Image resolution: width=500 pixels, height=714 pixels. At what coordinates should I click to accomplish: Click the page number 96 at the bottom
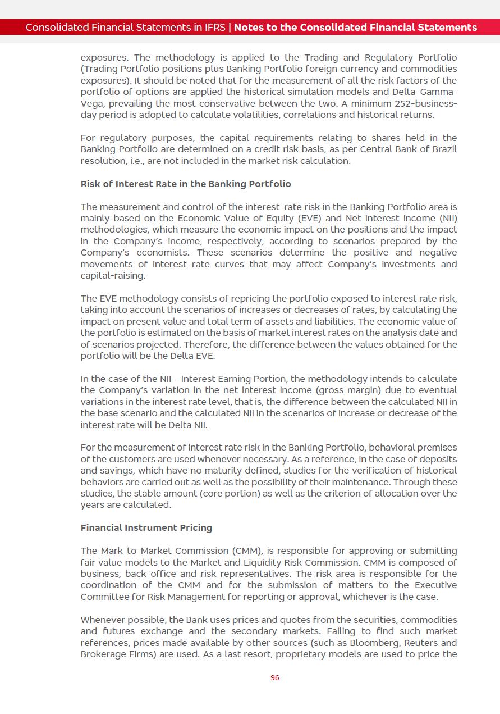coord(274,678)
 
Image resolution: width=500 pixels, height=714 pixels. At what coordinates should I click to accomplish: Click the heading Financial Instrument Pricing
coord(146,528)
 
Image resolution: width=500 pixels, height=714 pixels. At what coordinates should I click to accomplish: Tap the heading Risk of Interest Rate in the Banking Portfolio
coord(186,184)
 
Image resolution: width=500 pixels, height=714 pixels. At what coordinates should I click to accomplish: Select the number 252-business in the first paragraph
coord(428,104)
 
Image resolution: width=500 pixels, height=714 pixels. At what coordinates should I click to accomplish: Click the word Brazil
coord(444,149)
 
